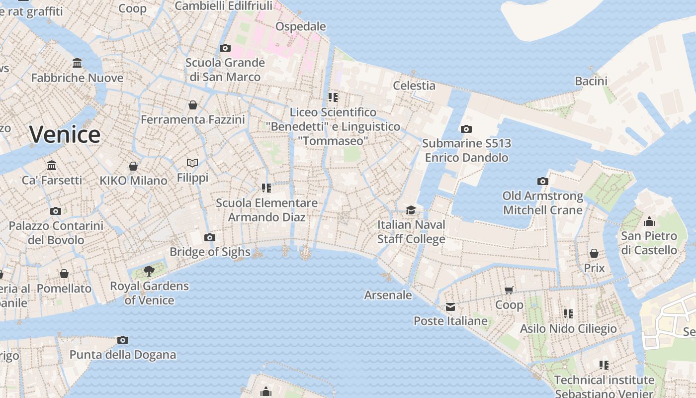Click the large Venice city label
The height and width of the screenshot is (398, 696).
click(65, 135)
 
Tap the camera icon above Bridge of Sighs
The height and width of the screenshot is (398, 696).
click(210, 237)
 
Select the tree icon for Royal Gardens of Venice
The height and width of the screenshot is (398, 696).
click(149, 271)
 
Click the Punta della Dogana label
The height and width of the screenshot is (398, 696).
click(123, 355)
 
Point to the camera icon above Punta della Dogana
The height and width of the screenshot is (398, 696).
click(123, 340)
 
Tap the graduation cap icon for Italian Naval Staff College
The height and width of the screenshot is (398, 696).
click(411, 210)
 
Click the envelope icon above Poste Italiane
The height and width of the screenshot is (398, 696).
click(450, 306)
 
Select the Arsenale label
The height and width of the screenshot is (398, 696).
click(388, 295)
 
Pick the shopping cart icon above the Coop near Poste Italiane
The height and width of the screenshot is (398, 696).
click(509, 290)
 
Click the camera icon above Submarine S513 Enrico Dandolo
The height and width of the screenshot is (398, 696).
click(466, 129)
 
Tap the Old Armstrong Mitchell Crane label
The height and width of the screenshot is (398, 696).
click(542, 203)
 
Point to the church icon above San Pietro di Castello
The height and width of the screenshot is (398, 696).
click(649, 221)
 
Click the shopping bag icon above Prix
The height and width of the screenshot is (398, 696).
click(594, 253)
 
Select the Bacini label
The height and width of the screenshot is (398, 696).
click(591, 81)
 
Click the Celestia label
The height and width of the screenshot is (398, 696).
click(414, 86)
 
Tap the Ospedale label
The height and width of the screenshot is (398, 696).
click(301, 26)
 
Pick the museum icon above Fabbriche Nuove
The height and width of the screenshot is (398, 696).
click(77, 63)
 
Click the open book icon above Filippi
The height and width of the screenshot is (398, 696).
click(192, 163)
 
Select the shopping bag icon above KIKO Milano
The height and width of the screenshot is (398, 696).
click(133, 166)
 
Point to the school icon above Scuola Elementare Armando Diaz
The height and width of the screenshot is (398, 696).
click(266, 188)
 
